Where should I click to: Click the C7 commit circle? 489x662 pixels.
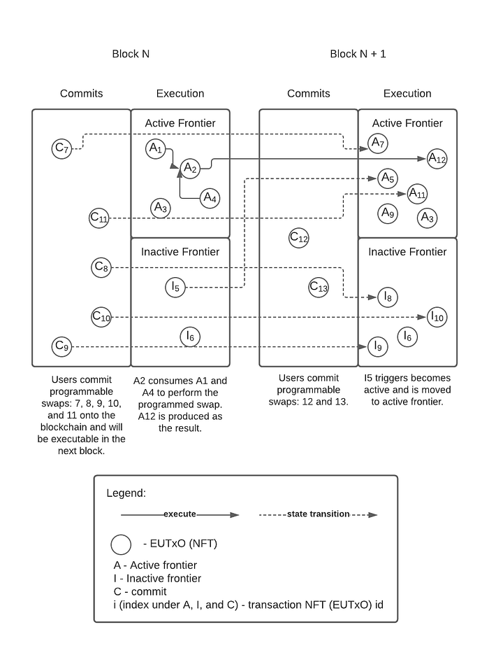pos(62,148)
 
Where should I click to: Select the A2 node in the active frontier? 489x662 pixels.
pos(190,168)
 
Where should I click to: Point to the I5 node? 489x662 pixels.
pos(175,286)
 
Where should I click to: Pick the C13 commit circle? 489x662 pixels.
pos(319,287)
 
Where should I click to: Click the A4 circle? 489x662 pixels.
pos(210,198)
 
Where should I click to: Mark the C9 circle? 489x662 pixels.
pos(62,346)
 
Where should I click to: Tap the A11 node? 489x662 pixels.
pos(417,193)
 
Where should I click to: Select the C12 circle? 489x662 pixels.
pos(299,238)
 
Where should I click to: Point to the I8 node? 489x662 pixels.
pos(387,297)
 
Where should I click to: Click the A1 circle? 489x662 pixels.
pos(155,148)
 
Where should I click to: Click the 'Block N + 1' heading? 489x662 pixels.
pos(358,54)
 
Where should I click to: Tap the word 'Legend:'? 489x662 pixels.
pos(126,493)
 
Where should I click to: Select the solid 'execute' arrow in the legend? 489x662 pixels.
pos(180,514)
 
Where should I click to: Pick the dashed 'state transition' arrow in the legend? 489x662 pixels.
pos(318,514)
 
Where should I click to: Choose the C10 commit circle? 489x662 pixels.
pos(101,317)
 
